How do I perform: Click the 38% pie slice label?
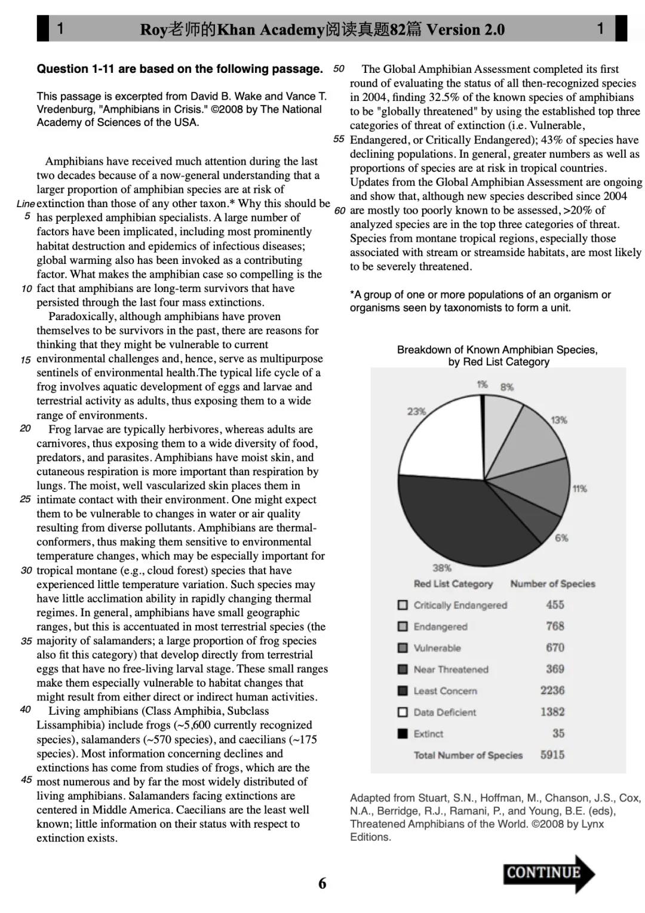tap(442, 568)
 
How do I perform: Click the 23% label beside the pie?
tap(416, 411)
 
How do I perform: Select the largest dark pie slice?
tap(460, 519)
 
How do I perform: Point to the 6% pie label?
tap(561, 538)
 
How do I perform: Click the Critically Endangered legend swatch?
tap(403, 605)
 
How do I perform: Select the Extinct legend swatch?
tap(403, 733)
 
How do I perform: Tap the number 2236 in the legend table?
tap(552, 690)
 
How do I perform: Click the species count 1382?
tap(552, 712)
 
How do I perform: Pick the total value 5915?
tap(552, 755)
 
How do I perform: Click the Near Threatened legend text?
tap(451, 669)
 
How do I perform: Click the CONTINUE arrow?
tap(548, 873)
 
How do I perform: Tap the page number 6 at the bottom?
tap(322, 883)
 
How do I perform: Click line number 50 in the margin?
tap(339, 69)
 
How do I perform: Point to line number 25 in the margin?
tap(26, 499)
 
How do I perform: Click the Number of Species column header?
tap(552, 584)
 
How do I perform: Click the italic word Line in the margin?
tap(26, 204)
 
